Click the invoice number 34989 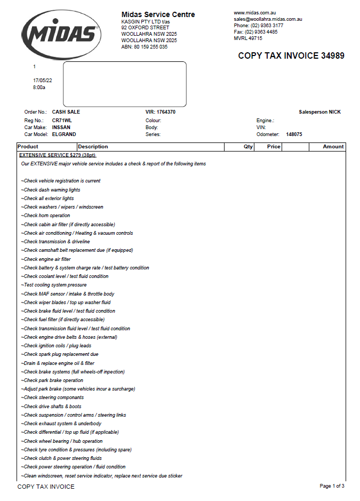[332, 55]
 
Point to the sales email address [268, 19]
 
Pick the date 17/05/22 [43, 81]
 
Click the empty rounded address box [124, 84]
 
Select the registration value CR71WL [61, 121]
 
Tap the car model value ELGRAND [64, 134]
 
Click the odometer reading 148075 [294, 134]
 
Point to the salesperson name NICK [334, 112]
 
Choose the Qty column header [249, 147]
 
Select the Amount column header [333, 147]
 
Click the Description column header [93, 147]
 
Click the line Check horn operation [46, 216]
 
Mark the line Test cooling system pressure [54, 285]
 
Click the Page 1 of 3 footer [332, 486]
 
